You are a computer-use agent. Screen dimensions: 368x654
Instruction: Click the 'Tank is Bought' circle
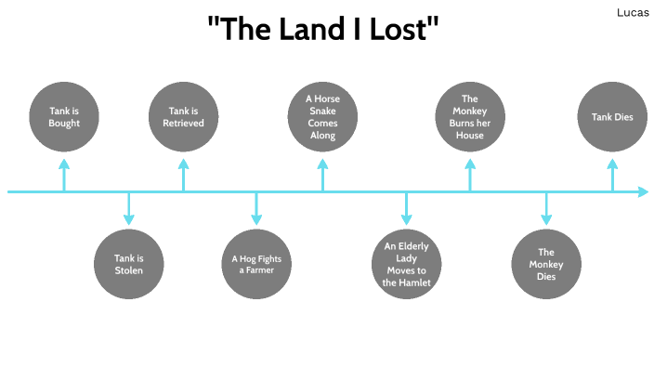coord(65,116)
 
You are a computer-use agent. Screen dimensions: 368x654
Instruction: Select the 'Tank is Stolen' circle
coord(129,264)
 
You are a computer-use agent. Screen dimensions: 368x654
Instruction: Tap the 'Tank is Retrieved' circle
coord(184,116)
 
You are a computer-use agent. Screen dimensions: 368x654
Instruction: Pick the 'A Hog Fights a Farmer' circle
coord(255,264)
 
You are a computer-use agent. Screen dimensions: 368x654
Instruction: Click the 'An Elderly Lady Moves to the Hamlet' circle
coord(407,264)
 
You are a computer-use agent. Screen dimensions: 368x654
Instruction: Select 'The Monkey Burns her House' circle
coord(470,116)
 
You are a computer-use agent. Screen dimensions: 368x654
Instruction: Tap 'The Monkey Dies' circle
coord(546,264)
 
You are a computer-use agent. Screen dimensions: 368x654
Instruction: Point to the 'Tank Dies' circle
coord(612,116)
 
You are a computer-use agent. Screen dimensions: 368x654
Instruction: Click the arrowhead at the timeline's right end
coord(642,192)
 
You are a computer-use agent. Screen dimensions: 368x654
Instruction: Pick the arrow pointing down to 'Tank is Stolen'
coord(129,208)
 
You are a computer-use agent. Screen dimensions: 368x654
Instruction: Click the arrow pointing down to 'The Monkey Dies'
coord(546,208)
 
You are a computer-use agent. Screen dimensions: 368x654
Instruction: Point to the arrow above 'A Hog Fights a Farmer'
coord(255,208)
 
